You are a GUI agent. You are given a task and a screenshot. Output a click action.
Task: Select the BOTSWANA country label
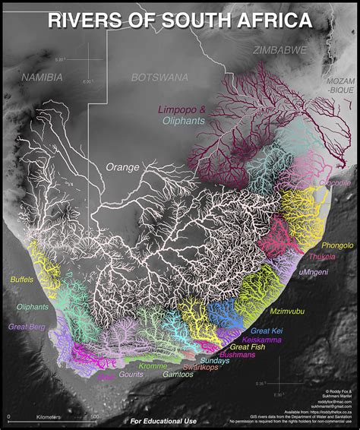click(x=161, y=77)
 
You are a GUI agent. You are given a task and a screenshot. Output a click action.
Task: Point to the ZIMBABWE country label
click(x=279, y=50)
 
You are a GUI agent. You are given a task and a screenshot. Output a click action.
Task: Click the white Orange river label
click(x=123, y=166)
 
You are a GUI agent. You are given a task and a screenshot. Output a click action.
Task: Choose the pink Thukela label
click(x=322, y=257)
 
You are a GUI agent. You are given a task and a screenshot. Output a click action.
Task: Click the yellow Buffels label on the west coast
click(x=21, y=280)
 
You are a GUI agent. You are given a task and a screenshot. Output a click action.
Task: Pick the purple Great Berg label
click(x=27, y=327)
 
